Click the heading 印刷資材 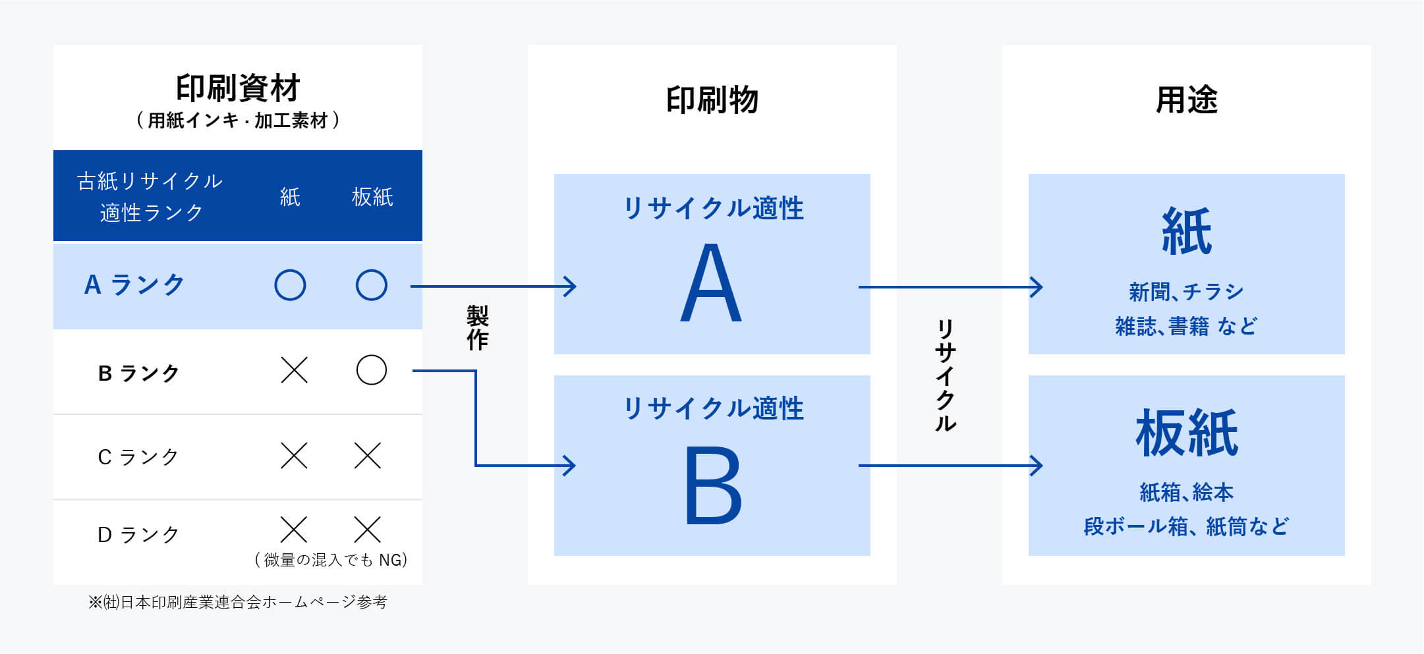pyautogui.click(x=238, y=88)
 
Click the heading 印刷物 pyautogui.click(x=712, y=101)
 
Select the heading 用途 pyautogui.click(x=1186, y=101)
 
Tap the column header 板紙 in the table pyautogui.click(x=372, y=196)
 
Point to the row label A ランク pyautogui.click(x=134, y=285)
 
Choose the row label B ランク pyautogui.click(x=138, y=373)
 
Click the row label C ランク pyautogui.click(x=138, y=456)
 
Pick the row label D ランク pyautogui.click(x=138, y=534)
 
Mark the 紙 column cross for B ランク pyautogui.click(x=294, y=370)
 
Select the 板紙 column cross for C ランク pyautogui.click(x=368, y=455)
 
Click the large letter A pyautogui.click(x=712, y=283)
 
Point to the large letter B pyautogui.click(x=713, y=485)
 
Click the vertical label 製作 pyautogui.click(x=478, y=327)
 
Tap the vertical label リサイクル pyautogui.click(x=946, y=375)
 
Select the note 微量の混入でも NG pyautogui.click(x=331, y=560)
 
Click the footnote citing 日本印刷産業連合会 pyautogui.click(x=238, y=602)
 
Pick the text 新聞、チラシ pyautogui.click(x=1186, y=291)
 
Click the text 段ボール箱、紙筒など pyautogui.click(x=1186, y=526)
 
